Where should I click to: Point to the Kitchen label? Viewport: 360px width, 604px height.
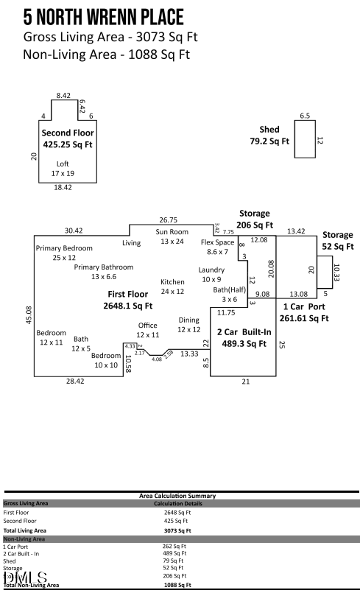pyautogui.click(x=172, y=282)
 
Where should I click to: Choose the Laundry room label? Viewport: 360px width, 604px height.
pyautogui.click(x=211, y=270)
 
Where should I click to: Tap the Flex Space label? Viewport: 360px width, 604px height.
pyautogui.click(x=217, y=242)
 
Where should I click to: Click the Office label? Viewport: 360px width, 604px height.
pyautogui.click(x=147, y=325)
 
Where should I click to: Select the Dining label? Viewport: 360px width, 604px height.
pyautogui.click(x=189, y=320)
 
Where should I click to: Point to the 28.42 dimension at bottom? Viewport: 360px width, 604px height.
pyautogui.click(x=74, y=382)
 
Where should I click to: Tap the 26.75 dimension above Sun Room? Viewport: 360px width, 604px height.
pyautogui.click(x=169, y=220)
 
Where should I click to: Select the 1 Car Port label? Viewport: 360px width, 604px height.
pyautogui.click(x=304, y=306)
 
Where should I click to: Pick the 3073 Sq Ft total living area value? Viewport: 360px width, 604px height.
pyautogui.click(x=177, y=530)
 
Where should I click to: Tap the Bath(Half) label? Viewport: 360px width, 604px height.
pyautogui.click(x=230, y=289)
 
